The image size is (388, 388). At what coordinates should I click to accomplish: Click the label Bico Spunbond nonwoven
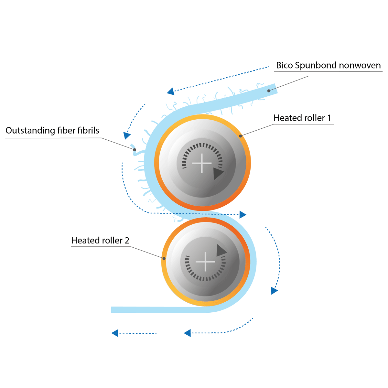(328, 65)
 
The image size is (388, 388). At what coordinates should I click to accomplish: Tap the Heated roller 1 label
(302, 118)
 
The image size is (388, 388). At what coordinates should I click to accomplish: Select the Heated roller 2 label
(100, 240)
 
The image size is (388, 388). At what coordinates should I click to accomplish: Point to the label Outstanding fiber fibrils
(52, 130)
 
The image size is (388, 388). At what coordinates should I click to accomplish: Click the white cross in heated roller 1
(201, 163)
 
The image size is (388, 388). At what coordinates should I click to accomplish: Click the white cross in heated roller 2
(205, 262)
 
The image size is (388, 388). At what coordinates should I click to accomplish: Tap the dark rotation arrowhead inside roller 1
(218, 174)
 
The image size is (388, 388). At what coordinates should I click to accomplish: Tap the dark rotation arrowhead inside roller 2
(221, 250)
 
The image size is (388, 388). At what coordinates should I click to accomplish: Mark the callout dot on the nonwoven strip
(269, 91)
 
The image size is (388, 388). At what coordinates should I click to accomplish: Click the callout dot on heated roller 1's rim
(240, 136)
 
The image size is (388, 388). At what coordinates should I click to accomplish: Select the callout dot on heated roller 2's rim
(164, 258)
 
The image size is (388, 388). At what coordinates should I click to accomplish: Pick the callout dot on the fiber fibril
(135, 150)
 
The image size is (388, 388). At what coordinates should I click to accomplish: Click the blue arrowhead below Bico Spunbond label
(171, 92)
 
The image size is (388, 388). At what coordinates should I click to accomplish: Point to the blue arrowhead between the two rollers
(242, 215)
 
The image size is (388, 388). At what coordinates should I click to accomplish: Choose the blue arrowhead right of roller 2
(274, 291)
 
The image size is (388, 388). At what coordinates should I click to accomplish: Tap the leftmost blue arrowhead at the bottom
(115, 333)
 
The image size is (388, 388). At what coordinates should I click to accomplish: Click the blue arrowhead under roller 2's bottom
(188, 333)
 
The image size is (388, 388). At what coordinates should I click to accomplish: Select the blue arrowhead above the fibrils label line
(127, 135)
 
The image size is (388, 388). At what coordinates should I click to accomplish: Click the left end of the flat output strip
(111, 310)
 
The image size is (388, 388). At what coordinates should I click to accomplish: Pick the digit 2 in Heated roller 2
(127, 241)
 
